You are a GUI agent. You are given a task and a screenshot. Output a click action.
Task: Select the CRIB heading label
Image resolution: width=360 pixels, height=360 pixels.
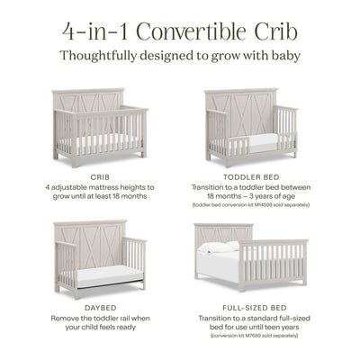coord(101,178)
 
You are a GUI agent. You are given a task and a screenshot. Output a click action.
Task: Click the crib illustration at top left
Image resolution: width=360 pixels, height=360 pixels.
coord(99,126)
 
